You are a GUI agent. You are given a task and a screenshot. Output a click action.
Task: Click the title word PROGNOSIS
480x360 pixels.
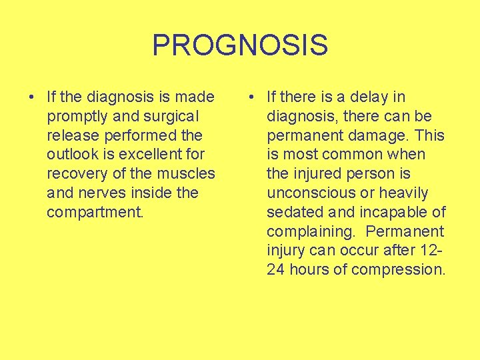point(240,45)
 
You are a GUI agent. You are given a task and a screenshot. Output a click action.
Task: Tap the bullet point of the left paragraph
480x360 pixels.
point(33,97)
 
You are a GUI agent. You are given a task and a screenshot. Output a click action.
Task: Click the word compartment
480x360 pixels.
point(95,213)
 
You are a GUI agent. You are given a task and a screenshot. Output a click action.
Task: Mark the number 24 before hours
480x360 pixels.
point(275,270)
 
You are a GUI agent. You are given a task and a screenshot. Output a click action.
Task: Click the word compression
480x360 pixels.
point(397,270)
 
